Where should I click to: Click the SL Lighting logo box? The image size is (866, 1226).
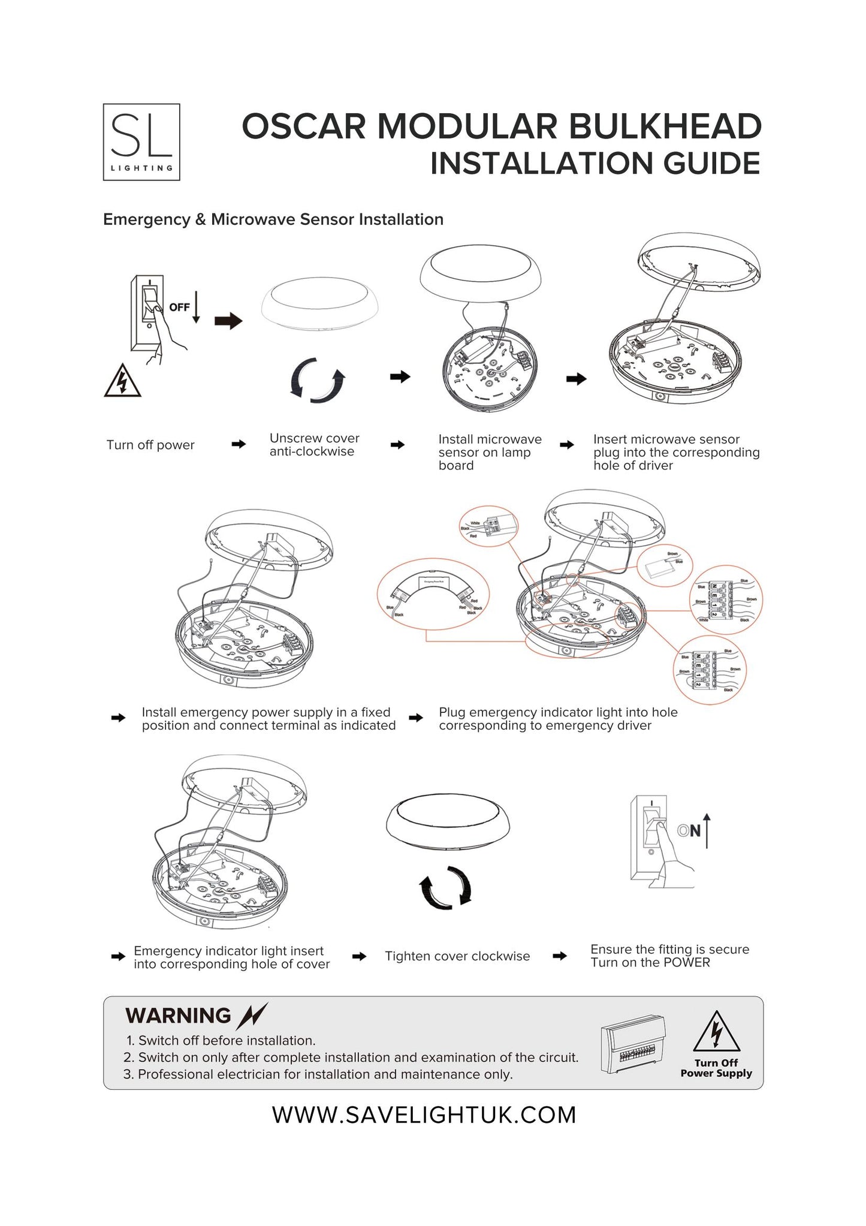[x=141, y=142]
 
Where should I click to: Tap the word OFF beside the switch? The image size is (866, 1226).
[x=179, y=308]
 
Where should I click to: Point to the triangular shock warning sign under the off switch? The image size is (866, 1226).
[x=122, y=381]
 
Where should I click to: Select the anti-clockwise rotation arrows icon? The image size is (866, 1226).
[x=318, y=380]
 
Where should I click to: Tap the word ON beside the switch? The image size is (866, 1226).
[x=689, y=831]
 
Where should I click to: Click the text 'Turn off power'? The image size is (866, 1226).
[x=150, y=445]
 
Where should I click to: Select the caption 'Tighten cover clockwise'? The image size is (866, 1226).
[x=457, y=956]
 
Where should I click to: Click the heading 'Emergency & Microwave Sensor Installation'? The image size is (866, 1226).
[x=273, y=219]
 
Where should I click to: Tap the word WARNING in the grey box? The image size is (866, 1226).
[x=178, y=1016]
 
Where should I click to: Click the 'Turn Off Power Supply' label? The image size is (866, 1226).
[x=716, y=1068]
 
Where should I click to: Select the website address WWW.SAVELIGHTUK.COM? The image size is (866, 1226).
[x=424, y=1115]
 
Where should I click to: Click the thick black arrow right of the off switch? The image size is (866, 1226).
[x=228, y=322]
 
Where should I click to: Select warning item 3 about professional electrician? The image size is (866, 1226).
[x=318, y=1074]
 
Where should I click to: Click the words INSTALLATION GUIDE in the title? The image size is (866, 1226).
[x=595, y=164]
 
